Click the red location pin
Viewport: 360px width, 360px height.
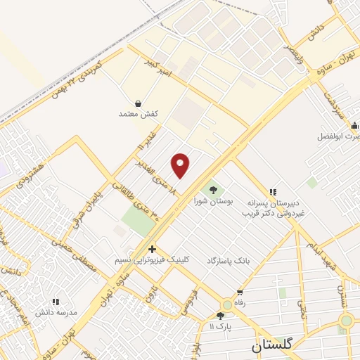(x=181, y=165)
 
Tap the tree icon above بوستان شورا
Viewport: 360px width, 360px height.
(x=211, y=189)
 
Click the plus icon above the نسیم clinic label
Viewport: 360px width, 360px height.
(x=152, y=249)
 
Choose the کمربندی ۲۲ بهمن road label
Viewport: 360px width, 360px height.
(x=78, y=86)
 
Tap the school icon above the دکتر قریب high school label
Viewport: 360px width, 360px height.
(x=272, y=191)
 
